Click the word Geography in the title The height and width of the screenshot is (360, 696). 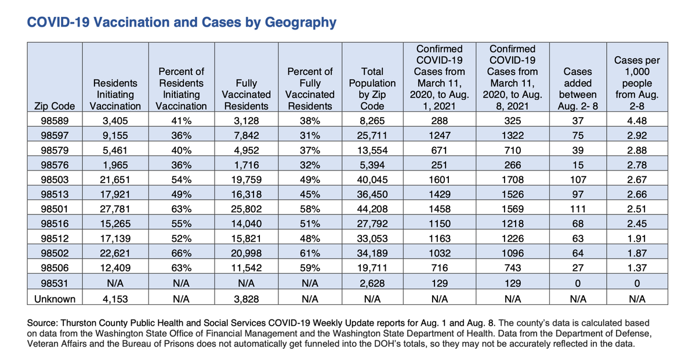pos(300,23)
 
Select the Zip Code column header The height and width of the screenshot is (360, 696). pos(55,106)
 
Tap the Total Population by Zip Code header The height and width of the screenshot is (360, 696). pos(372,89)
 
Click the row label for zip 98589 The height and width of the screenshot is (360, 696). pos(55,121)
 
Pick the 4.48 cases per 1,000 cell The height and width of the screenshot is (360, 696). pos(637,121)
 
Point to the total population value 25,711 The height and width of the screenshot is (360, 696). pos(372,136)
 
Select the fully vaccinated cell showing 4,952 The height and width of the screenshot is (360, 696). pos(246,150)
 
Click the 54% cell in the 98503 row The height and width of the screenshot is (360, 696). pos(181,180)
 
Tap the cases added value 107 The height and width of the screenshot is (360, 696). pos(578,180)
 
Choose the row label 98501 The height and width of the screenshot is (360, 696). pos(55,209)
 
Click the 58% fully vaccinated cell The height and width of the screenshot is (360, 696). pos(310,209)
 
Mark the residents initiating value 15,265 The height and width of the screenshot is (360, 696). pos(115,224)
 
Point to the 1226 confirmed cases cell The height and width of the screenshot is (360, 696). pos(512,238)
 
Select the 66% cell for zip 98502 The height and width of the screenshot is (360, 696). pos(181,253)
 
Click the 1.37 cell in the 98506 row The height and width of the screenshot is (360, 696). pos(637,268)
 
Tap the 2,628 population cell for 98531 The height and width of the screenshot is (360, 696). pos(372,283)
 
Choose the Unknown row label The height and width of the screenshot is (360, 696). pos(55,299)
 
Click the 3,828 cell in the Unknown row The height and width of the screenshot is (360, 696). pos(246,299)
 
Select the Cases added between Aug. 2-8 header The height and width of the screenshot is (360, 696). pos(578,89)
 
